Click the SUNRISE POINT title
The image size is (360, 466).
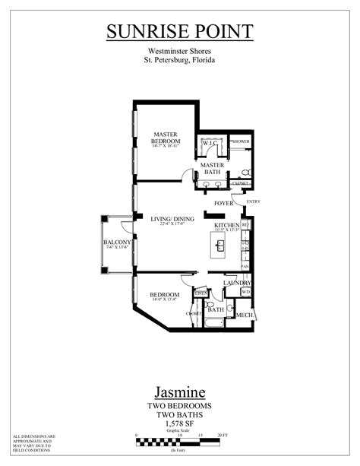point(179,31)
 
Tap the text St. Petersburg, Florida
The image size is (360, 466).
point(179,60)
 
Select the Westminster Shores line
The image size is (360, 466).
point(179,51)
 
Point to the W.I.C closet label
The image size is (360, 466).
point(210,143)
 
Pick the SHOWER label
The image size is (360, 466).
point(241,142)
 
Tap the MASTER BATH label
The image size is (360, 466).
point(212,168)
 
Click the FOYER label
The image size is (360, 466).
point(223,204)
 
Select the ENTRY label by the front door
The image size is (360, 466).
point(253,201)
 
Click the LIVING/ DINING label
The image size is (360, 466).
point(172,219)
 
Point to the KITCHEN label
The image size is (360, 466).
point(227,226)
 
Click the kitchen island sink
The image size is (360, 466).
point(220,246)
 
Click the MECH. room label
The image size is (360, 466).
point(245,315)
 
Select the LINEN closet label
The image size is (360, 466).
point(201,293)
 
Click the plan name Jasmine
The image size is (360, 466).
point(179,393)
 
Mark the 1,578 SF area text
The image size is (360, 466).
point(179,424)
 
